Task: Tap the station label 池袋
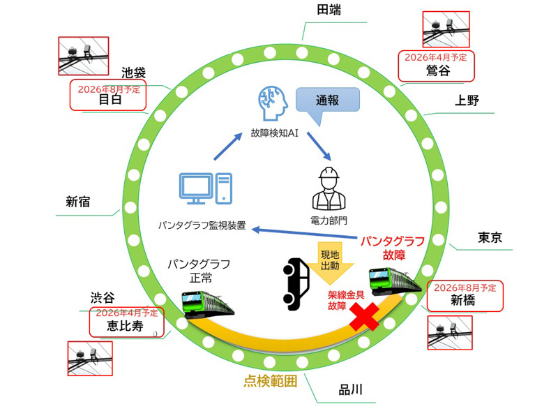point(135,72)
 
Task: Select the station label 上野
point(467,100)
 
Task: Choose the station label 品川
point(349,389)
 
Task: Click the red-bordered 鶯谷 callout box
point(435,65)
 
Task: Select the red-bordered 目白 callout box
point(108,95)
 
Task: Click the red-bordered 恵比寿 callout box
point(127,321)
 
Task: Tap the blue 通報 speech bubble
point(327,100)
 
